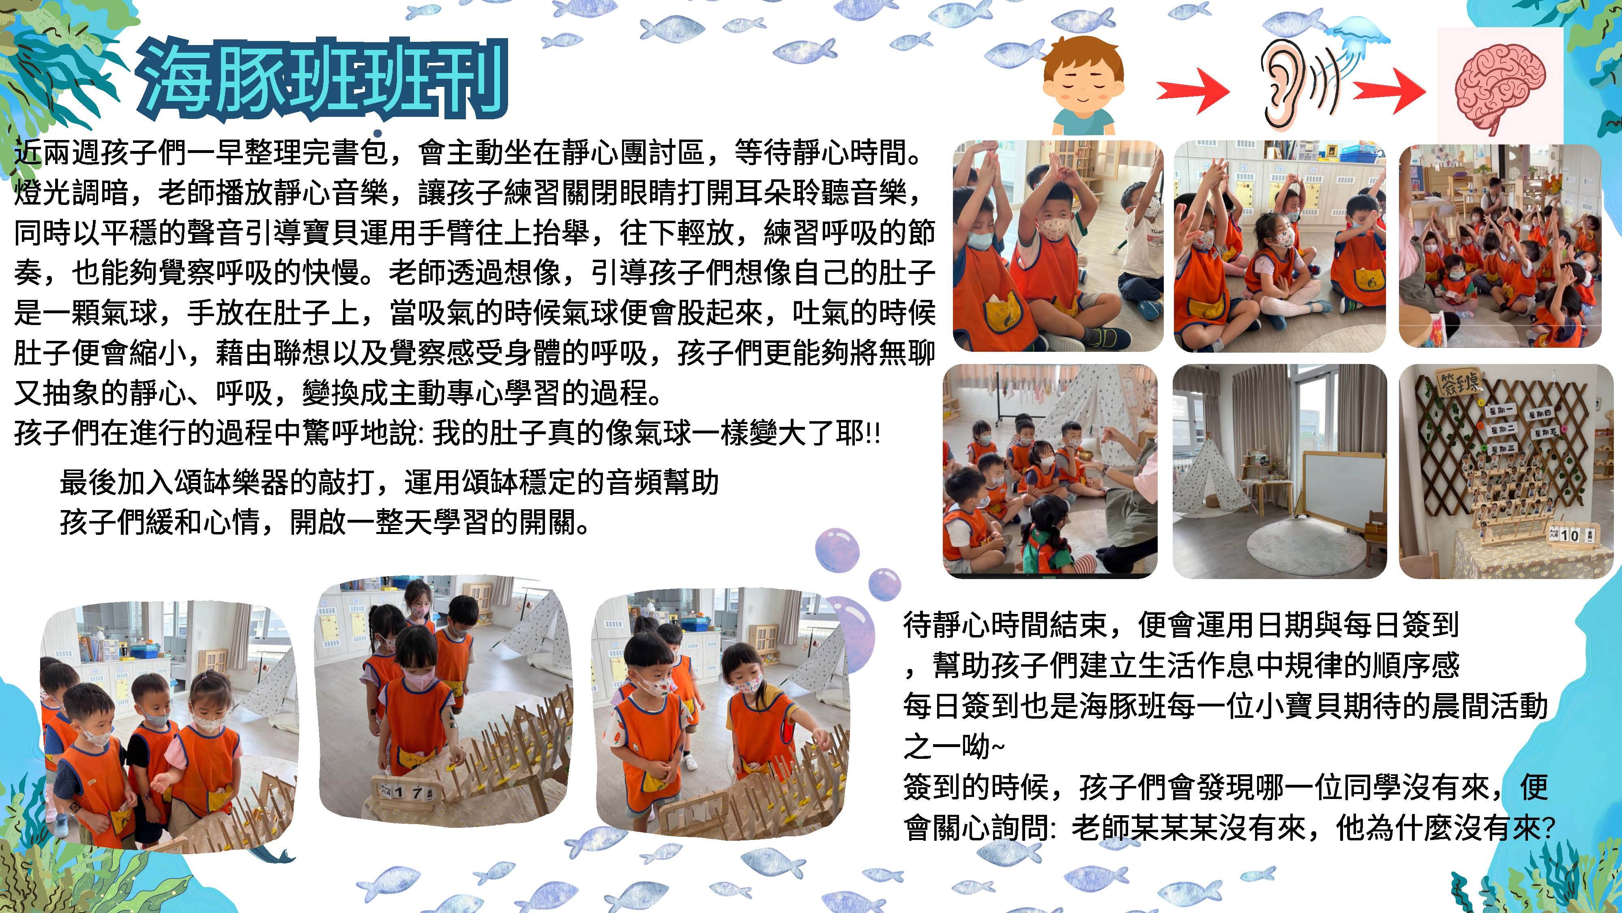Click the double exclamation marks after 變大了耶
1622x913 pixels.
(x=873, y=435)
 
